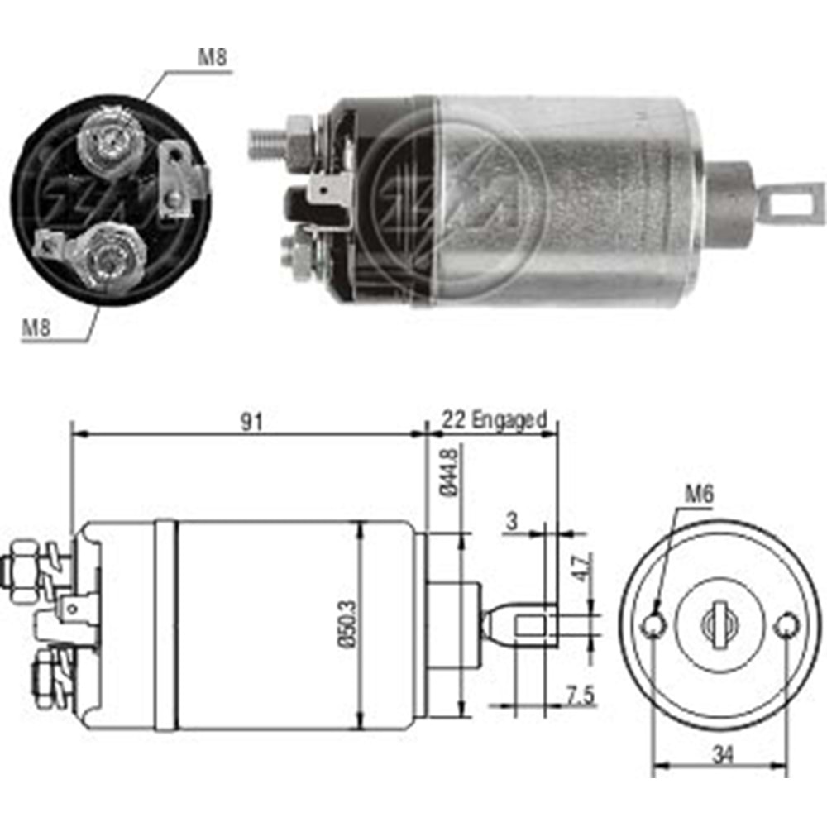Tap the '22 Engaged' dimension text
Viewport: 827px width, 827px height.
point(493,419)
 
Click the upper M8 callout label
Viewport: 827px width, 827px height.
point(213,59)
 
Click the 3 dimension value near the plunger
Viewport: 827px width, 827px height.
point(512,522)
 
